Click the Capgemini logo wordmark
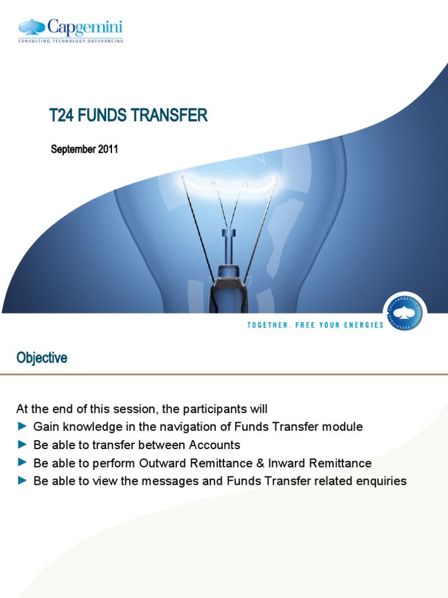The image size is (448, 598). click(x=85, y=27)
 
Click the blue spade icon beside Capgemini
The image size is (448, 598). click(x=33, y=27)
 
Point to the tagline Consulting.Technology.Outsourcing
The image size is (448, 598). click(x=71, y=41)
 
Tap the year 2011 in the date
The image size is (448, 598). click(x=108, y=149)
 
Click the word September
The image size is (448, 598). click(x=73, y=149)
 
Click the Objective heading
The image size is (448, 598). click(x=41, y=358)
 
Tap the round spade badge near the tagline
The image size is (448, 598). click(x=405, y=311)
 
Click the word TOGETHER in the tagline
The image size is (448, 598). click(x=268, y=325)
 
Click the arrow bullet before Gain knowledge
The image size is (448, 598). click(x=22, y=427)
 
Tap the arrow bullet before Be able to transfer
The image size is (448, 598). click(x=22, y=445)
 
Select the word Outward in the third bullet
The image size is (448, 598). click(x=159, y=463)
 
